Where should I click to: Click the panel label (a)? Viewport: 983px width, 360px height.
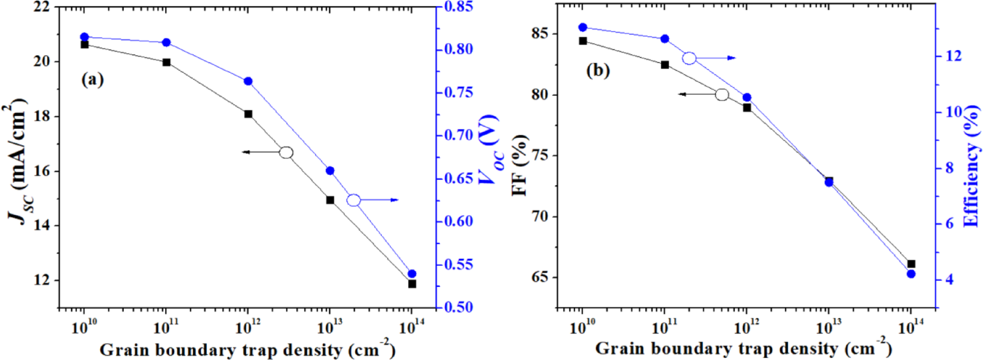pos(93,79)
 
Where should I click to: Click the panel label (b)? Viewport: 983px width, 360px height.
pos(598,70)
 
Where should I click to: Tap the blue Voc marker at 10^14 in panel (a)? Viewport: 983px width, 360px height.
pos(412,274)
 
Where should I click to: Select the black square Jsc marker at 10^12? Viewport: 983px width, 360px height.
pos(248,114)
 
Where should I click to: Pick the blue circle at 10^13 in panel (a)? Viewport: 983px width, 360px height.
pos(330,171)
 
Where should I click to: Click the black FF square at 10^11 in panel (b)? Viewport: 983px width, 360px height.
pos(665,65)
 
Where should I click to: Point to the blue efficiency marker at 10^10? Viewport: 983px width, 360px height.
pos(583,27)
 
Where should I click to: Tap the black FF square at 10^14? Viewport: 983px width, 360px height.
pos(911,264)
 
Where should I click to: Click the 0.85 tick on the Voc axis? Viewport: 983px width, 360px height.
pos(458,7)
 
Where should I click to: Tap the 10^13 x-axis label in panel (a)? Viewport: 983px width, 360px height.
pos(329,327)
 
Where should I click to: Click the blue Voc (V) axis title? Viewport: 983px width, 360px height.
pos(489,150)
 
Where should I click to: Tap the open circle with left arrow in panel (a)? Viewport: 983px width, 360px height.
pos(286,153)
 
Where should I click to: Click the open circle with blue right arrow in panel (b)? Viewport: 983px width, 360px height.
pos(689,58)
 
